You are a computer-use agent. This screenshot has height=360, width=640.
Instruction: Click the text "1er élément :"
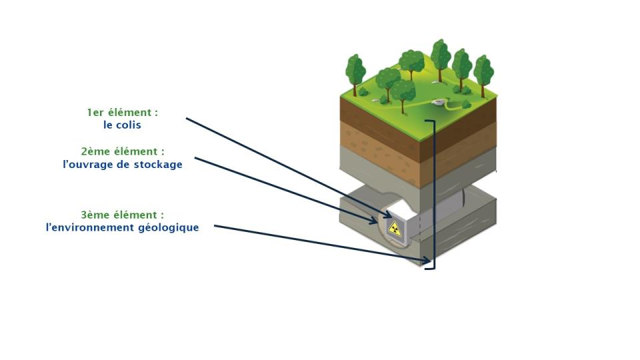pos(123,112)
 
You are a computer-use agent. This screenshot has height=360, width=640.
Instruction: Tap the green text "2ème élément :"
pos(123,151)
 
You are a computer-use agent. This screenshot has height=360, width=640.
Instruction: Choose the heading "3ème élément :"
pos(123,215)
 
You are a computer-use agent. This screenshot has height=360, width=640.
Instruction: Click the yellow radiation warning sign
pos(395,228)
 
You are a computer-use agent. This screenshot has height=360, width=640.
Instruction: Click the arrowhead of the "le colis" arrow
pos(388,215)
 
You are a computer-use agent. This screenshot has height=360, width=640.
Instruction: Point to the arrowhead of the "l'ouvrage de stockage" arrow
pos(373,221)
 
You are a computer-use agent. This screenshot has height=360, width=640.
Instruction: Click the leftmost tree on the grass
pos(355,74)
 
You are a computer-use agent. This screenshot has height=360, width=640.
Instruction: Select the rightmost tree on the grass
pos(484,75)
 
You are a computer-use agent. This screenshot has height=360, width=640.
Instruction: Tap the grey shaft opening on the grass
pos(437,101)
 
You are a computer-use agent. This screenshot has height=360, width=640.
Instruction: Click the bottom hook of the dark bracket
pos(430,268)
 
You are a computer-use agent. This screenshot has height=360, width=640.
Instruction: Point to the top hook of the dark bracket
pos(430,121)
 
